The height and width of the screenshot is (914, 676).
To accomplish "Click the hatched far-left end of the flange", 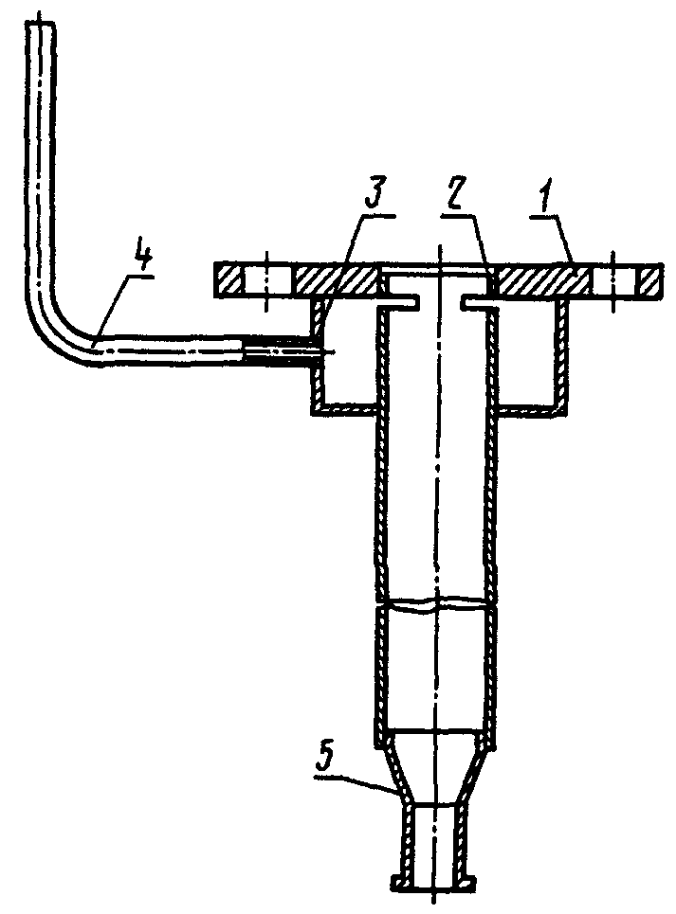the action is coord(228,280).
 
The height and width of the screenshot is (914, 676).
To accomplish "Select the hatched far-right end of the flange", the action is coord(649,280).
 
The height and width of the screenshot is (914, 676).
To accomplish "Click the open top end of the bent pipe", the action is coord(42,24).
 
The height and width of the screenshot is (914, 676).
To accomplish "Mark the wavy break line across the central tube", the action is coord(435,604).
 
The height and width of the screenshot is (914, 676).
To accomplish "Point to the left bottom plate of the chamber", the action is coord(341,409).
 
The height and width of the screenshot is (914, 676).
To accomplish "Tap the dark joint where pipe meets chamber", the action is coord(278,351).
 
